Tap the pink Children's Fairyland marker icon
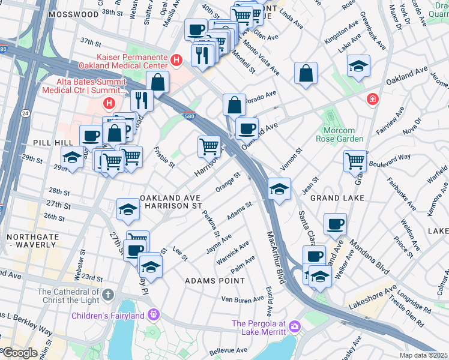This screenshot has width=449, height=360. point(154,314)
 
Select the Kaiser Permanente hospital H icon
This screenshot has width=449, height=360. point(176,60)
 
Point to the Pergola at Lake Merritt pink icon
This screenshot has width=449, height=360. point(294,326)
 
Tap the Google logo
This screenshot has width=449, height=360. point(19,353)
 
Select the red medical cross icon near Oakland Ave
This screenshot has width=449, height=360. point(373,98)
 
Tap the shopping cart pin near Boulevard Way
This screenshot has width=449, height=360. point(355,160)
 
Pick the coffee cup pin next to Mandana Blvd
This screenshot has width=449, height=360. point(335,224)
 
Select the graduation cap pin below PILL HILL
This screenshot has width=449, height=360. point(73,158)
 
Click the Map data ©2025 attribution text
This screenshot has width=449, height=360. point(423,355)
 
